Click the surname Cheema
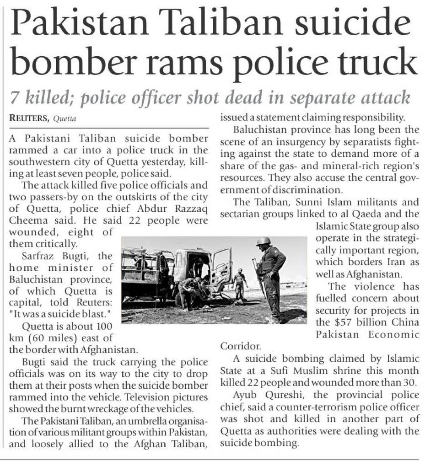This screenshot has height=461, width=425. (x=27, y=220)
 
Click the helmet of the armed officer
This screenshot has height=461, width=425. (x=264, y=241)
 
